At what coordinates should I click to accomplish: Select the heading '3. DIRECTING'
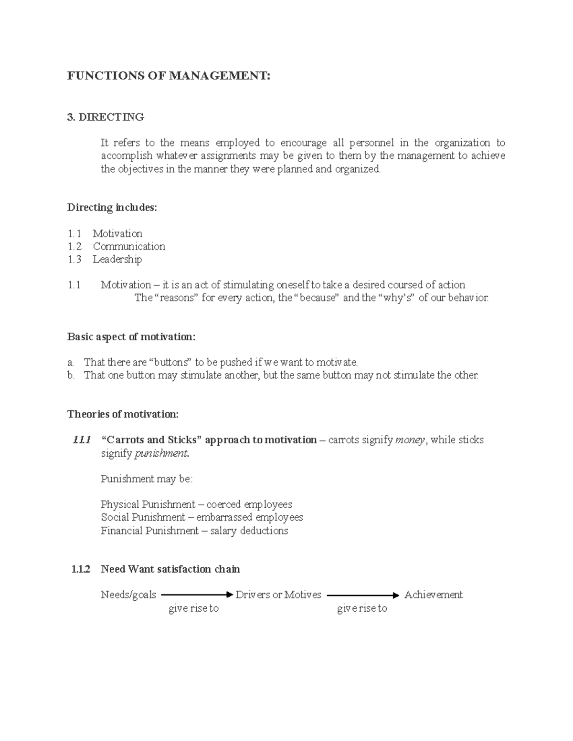pyautogui.click(x=106, y=117)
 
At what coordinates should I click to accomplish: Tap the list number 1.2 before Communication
pyautogui.click(x=74, y=246)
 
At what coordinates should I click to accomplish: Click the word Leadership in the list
pyautogui.click(x=117, y=259)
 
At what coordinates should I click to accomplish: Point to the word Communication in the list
pyautogui.click(x=129, y=246)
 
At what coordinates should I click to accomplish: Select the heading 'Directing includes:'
pyautogui.click(x=112, y=208)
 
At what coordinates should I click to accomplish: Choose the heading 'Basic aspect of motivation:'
pyautogui.click(x=131, y=337)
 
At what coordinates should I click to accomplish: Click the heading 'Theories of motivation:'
pyautogui.click(x=123, y=414)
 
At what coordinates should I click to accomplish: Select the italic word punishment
pyautogui.click(x=161, y=453)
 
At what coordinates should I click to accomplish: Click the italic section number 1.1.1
pyautogui.click(x=81, y=440)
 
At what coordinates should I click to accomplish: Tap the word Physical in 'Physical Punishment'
pyautogui.click(x=117, y=504)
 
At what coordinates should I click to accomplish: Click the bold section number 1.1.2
pyautogui.click(x=81, y=569)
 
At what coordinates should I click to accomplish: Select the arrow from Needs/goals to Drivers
pyautogui.click(x=196, y=595)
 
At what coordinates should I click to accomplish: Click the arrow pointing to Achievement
pyautogui.click(x=362, y=595)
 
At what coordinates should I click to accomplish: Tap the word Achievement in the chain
pyautogui.click(x=434, y=595)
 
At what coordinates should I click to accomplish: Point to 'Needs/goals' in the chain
pyautogui.click(x=128, y=595)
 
